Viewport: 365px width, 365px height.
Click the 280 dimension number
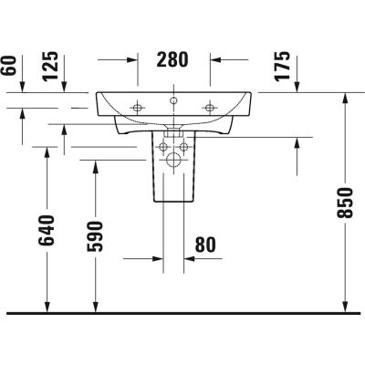coord(172,60)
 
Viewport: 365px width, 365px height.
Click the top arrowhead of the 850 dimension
coord(343,98)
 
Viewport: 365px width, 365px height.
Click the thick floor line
coord(182,312)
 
